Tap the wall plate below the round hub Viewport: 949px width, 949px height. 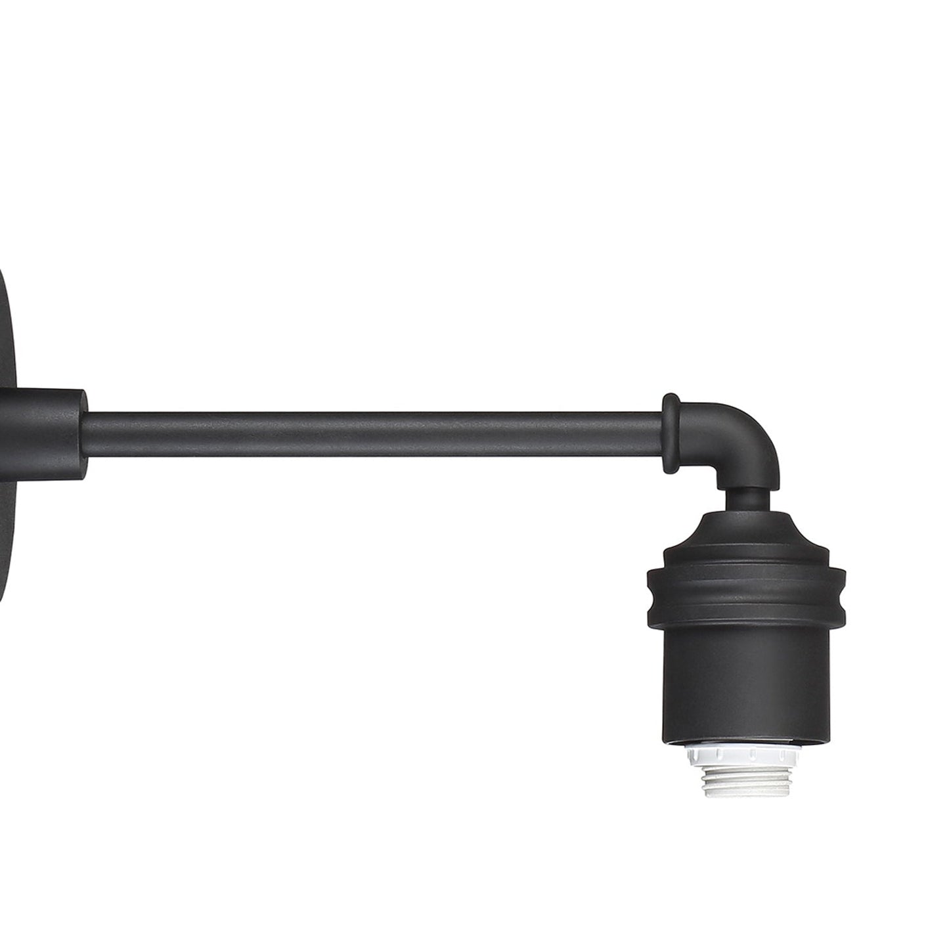point(13,525)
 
